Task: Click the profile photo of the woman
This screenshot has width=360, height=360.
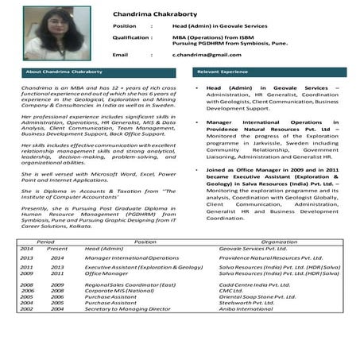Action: click(x=49, y=33)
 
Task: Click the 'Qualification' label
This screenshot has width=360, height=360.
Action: click(x=132, y=37)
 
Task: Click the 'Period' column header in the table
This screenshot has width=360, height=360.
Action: click(x=45, y=241)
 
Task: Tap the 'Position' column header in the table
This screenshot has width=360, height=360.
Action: click(x=145, y=241)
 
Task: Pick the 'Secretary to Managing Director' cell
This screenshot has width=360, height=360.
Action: click(x=126, y=308)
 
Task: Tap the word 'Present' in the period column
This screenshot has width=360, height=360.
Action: click(x=57, y=249)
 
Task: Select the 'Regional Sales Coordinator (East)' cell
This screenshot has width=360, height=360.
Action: click(x=130, y=285)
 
